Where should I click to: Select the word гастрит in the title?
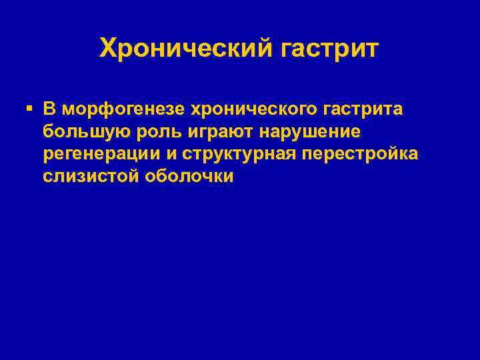pyautogui.click(x=329, y=48)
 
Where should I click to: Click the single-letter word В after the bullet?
pyautogui.click(x=49, y=109)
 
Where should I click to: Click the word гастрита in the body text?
pyautogui.click(x=363, y=109)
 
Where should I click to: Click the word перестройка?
pyautogui.click(x=360, y=154)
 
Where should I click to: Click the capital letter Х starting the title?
pyautogui.click(x=107, y=48)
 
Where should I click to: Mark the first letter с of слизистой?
pyautogui.click(x=48, y=177)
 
